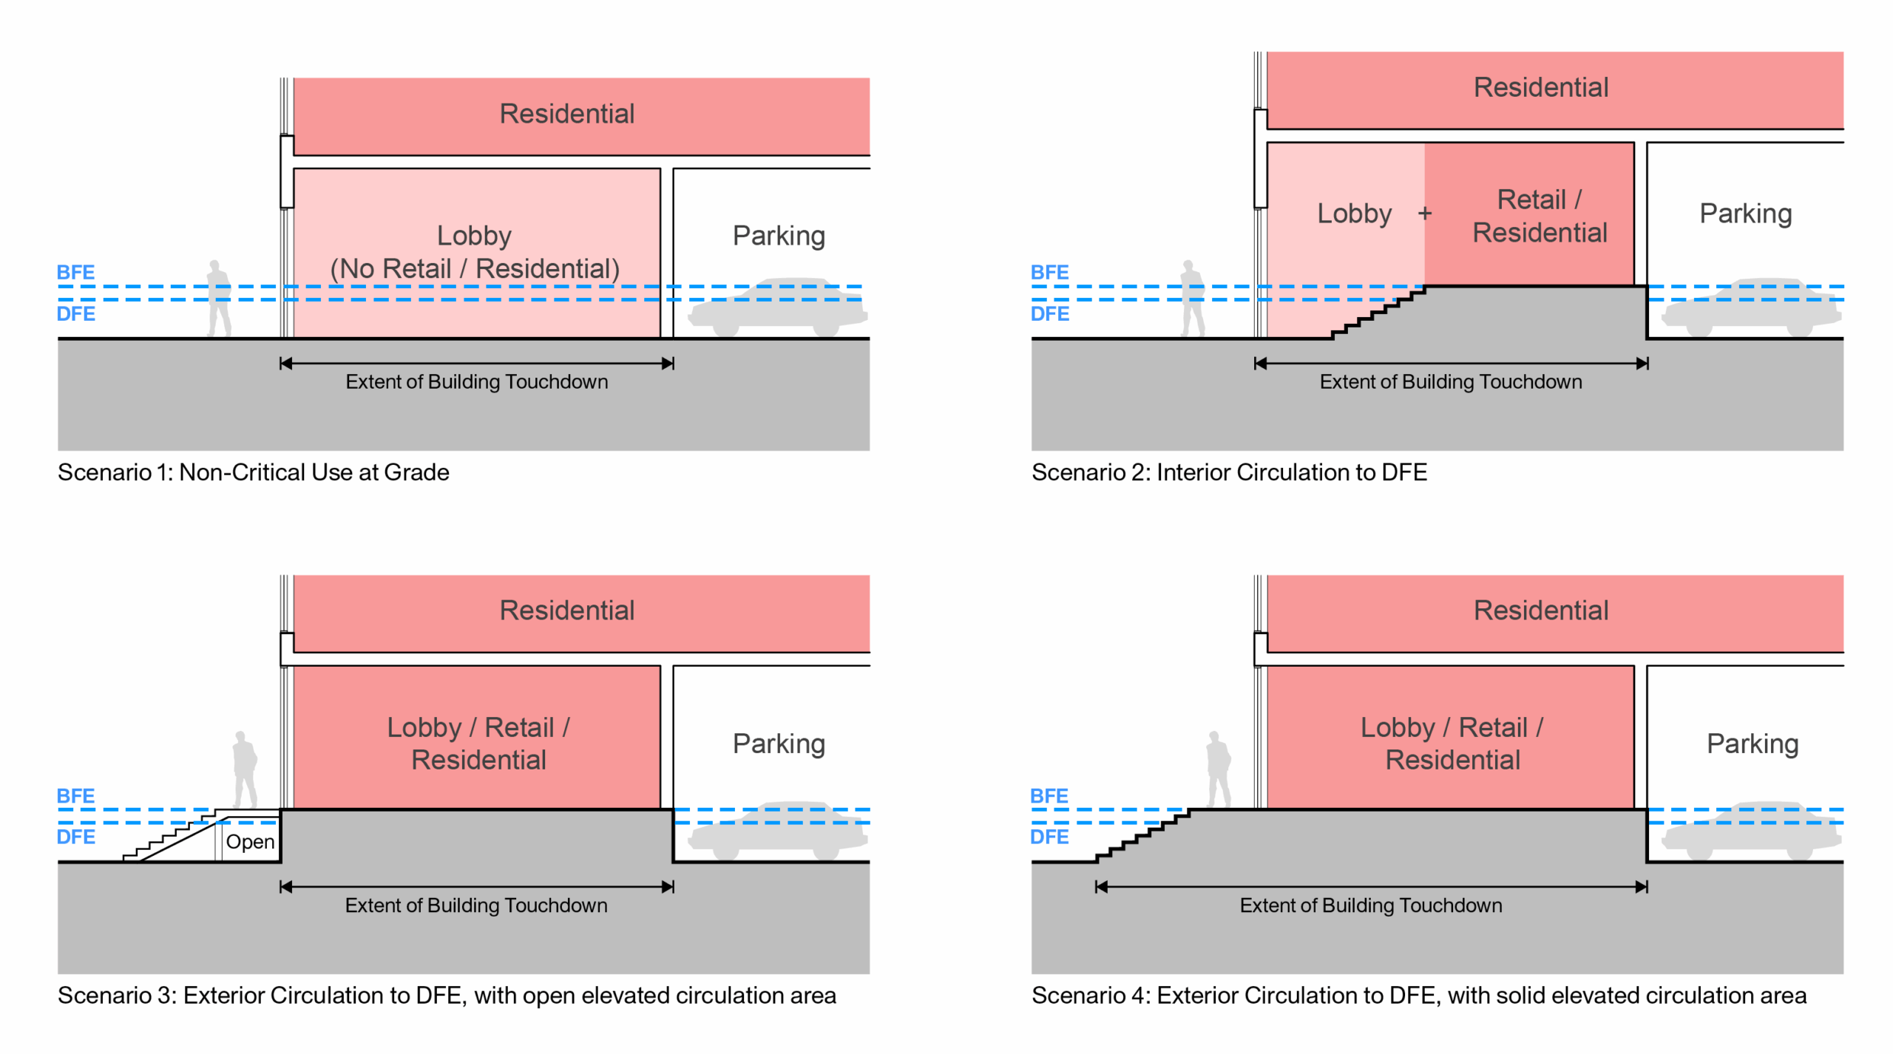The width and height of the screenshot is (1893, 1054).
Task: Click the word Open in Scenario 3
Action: (250, 841)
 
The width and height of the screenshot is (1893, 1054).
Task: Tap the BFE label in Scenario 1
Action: (75, 272)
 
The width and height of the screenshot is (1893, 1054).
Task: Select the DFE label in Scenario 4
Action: (1049, 837)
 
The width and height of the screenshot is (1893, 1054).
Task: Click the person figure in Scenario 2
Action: (1191, 299)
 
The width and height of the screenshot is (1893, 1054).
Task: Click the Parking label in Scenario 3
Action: (779, 743)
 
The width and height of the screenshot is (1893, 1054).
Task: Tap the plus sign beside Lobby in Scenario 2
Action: (1424, 214)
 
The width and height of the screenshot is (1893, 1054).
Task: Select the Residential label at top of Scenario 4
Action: (1540, 610)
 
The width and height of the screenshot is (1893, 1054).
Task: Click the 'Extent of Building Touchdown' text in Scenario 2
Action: (1450, 381)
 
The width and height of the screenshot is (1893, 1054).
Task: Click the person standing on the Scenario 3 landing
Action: (244, 770)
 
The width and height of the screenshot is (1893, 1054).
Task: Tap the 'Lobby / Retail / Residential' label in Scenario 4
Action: (1452, 743)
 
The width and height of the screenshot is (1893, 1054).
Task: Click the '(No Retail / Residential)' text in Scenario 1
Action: (474, 268)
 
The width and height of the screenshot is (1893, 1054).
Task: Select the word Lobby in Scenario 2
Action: (1354, 214)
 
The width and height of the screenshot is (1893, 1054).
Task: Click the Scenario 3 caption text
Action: (447, 995)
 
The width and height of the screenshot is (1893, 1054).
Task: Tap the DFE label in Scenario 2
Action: (1049, 313)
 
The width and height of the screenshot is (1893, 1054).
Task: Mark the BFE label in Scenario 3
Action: (75, 795)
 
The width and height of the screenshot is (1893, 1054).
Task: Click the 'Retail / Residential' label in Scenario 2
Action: (1540, 216)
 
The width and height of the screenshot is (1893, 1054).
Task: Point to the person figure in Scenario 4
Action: (1218, 770)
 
